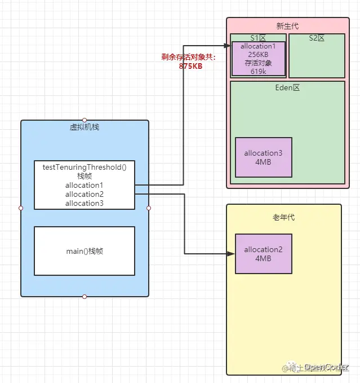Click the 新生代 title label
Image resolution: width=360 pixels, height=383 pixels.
point(287,26)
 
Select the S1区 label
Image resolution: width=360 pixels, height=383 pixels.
point(258,38)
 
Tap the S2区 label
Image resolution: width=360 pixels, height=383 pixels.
point(317,38)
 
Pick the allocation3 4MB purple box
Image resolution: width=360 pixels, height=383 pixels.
point(263,157)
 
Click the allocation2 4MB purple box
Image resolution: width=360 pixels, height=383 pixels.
point(263,254)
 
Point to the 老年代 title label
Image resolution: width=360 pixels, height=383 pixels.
point(283,217)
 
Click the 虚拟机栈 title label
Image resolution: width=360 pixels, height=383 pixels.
point(85,127)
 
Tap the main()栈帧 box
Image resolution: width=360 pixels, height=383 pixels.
point(85,251)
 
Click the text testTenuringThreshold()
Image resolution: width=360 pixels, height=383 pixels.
point(85,167)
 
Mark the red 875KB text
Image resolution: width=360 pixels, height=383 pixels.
point(189,66)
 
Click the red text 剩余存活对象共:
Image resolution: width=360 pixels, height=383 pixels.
point(189,58)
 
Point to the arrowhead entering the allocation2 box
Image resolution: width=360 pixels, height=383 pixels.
point(231,254)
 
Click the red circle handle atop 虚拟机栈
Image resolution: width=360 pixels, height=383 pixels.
point(85,120)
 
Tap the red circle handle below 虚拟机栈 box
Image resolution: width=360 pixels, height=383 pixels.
point(85,297)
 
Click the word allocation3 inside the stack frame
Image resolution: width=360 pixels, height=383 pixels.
point(85,203)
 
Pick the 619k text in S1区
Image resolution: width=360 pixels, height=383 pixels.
point(258,71)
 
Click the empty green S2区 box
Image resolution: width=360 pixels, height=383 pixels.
point(317,59)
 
